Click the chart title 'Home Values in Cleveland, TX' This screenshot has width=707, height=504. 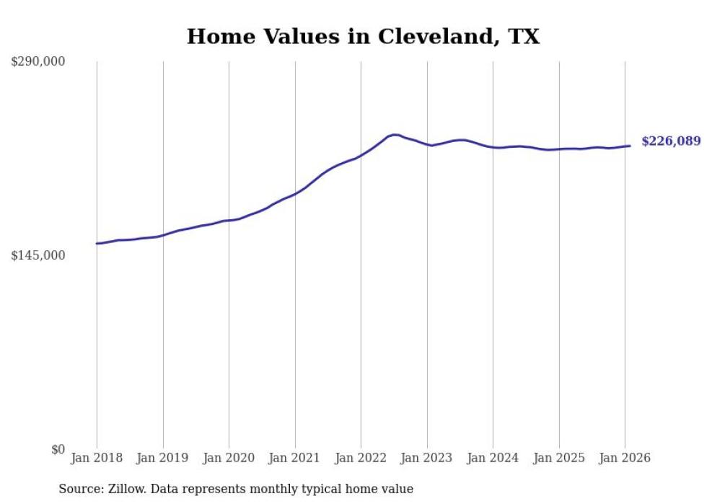click(x=363, y=37)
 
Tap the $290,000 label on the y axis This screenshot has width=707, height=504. click(x=38, y=62)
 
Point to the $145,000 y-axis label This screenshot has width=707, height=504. click(x=38, y=255)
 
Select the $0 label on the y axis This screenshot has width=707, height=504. click(x=58, y=449)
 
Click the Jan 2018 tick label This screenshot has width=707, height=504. click(x=97, y=458)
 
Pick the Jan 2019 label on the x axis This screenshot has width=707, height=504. click(x=163, y=458)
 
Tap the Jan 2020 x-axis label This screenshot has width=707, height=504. click(x=229, y=458)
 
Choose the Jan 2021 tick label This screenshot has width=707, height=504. click(x=295, y=458)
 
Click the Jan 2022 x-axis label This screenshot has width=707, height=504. click(x=361, y=458)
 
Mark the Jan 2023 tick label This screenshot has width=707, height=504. click(x=427, y=458)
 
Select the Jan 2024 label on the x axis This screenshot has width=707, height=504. click(x=493, y=458)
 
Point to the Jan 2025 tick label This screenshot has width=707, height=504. click(x=559, y=458)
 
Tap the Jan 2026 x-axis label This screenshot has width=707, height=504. click(x=625, y=458)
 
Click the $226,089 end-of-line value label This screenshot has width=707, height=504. click(x=671, y=141)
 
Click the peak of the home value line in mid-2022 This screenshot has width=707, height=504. click(x=394, y=134)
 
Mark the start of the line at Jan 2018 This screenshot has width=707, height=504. click(x=97, y=244)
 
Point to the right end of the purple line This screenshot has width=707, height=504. click(x=631, y=146)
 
